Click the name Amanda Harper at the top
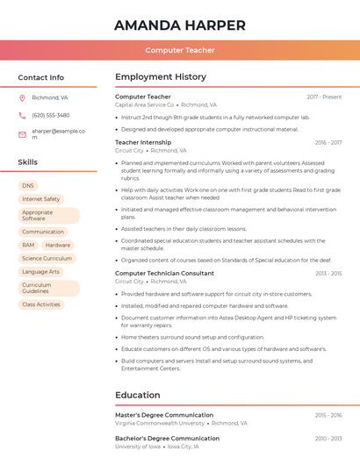point(180,25)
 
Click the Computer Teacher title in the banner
point(180,50)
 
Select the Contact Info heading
point(41,77)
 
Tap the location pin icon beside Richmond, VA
point(22,97)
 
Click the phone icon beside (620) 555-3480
point(22,115)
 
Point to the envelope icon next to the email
point(22,133)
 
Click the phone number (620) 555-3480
point(51,115)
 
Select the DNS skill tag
point(28,186)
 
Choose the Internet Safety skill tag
point(41,199)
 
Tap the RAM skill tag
point(29,246)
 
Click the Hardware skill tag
point(58,246)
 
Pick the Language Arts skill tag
point(41,272)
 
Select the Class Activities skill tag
point(41,304)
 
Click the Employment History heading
point(161,77)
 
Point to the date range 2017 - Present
point(324,97)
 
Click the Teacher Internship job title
point(143,142)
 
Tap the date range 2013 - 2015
point(328,274)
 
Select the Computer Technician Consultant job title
point(164,274)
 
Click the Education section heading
point(138,396)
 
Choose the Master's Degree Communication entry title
point(164,415)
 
